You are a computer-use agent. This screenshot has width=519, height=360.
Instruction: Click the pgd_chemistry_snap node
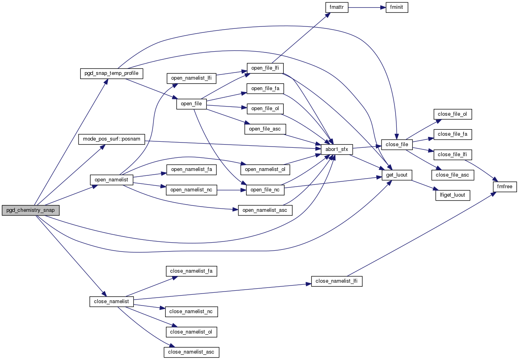pos(31,210)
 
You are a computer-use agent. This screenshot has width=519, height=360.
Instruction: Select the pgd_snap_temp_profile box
pos(111,73)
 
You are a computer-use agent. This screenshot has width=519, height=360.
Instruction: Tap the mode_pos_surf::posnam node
pos(111,139)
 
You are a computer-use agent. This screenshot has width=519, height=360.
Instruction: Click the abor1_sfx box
pos(337,149)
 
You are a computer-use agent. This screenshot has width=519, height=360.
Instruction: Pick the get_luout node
pos(397,175)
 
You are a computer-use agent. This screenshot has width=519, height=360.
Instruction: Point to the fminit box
pos(397,8)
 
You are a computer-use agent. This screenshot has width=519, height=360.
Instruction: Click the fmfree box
pos(505,187)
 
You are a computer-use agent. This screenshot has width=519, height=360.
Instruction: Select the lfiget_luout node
pos(452,195)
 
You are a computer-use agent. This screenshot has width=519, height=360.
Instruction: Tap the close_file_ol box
pos(452,114)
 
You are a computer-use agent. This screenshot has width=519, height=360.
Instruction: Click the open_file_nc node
pos(265,190)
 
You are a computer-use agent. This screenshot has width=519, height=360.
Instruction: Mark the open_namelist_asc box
pos(265,210)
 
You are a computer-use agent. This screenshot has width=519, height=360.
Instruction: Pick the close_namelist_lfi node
pos(337,281)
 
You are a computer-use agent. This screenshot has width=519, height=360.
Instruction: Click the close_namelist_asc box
pos(192,352)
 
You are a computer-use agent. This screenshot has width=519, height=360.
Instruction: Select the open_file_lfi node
pos(265,68)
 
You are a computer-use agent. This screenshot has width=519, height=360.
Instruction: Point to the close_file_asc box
pos(452,175)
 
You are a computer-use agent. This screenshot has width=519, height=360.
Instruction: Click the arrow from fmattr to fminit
pos(367,8)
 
